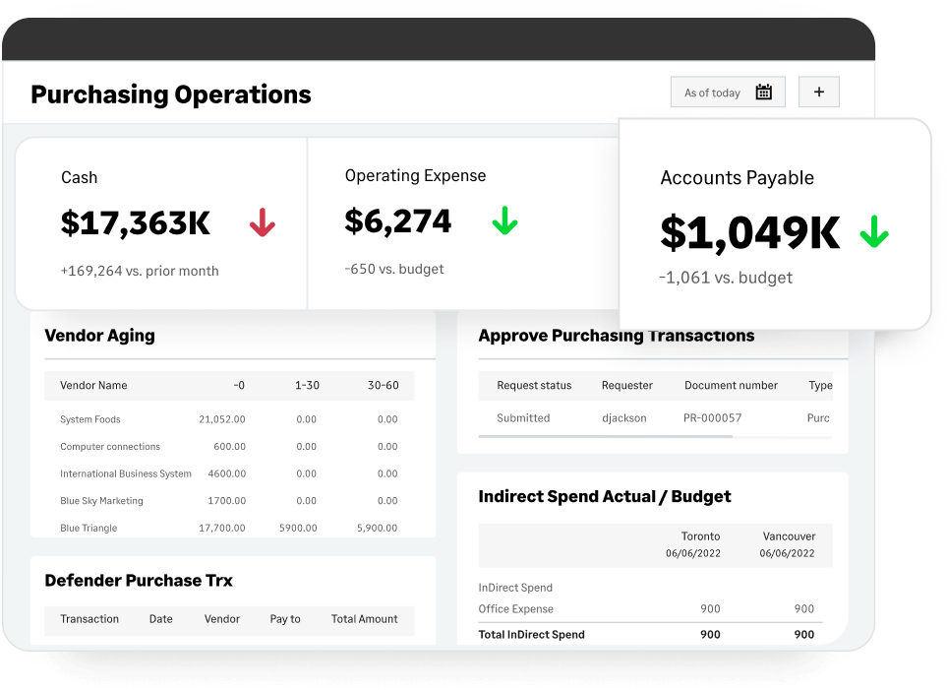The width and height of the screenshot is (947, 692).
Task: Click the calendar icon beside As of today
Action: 763,93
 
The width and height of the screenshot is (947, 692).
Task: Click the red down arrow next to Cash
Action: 262,223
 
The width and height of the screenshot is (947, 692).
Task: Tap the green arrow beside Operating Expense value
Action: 504,220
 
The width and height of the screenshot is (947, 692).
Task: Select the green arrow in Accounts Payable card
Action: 873,233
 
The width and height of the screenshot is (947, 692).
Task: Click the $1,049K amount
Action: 749,232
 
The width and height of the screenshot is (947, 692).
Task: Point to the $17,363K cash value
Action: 136,223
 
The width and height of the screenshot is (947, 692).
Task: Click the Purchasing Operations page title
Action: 171,94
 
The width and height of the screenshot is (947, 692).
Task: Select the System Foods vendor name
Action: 90,419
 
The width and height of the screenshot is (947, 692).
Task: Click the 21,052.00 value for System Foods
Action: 222,419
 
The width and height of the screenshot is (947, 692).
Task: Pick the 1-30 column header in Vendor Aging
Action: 307,385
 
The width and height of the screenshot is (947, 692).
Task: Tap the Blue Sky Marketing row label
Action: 101,501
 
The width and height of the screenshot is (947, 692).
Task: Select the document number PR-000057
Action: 712,417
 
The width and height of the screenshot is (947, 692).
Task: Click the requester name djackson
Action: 624,417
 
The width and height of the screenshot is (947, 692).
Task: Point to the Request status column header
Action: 534,385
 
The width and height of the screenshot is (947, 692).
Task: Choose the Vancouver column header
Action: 789,536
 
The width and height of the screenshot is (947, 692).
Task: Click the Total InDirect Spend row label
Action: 531,635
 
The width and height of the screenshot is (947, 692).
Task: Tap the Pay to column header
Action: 285,619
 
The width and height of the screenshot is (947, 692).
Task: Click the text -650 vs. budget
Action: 394,269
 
